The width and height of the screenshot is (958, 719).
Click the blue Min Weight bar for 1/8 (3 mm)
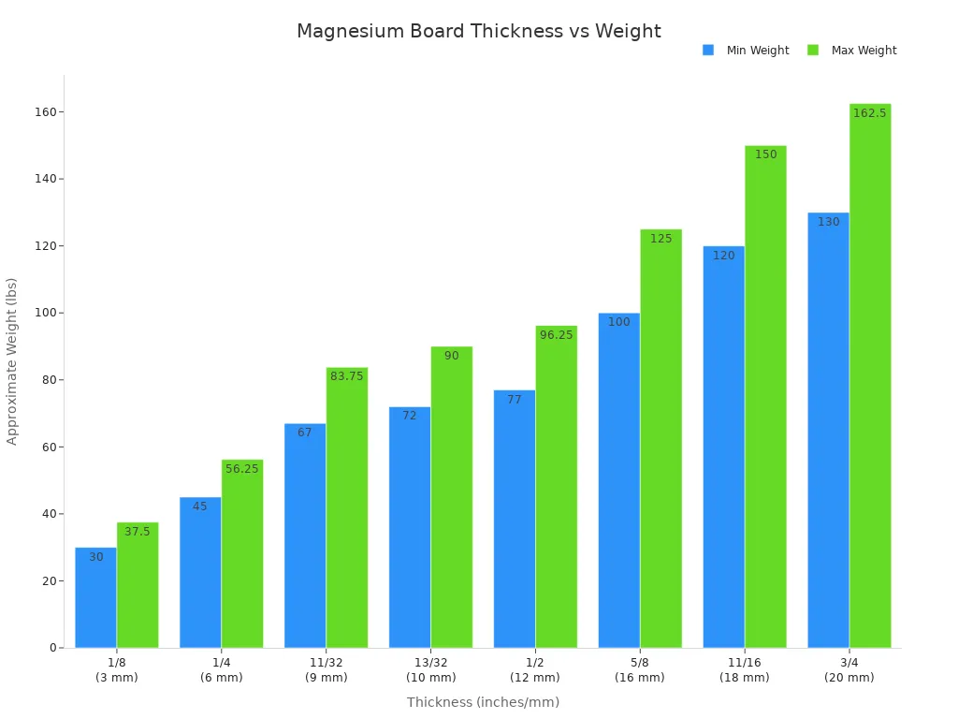click(x=95, y=599)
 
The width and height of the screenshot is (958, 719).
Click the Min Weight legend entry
click(x=757, y=51)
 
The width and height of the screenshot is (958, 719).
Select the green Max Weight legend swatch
click(x=813, y=51)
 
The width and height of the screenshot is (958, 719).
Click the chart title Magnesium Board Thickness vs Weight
click(x=478, y=32)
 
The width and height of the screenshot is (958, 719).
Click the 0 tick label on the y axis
click(x=53, y=648)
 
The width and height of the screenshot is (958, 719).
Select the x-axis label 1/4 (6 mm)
click(x=222, y=670)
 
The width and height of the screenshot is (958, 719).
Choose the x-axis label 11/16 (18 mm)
click(x=745, y=670)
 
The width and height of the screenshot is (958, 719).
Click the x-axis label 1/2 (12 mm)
click(x=535, y=670)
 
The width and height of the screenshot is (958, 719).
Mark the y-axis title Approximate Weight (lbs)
click(x=12, y=360)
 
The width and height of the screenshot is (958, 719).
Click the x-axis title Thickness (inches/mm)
click(x=483, y=702)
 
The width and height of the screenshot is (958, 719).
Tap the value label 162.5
click(x=869, y=113)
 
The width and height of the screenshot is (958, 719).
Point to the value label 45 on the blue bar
click(x=200, y=506)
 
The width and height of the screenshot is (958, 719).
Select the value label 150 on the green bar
click(x=765, y=154)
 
